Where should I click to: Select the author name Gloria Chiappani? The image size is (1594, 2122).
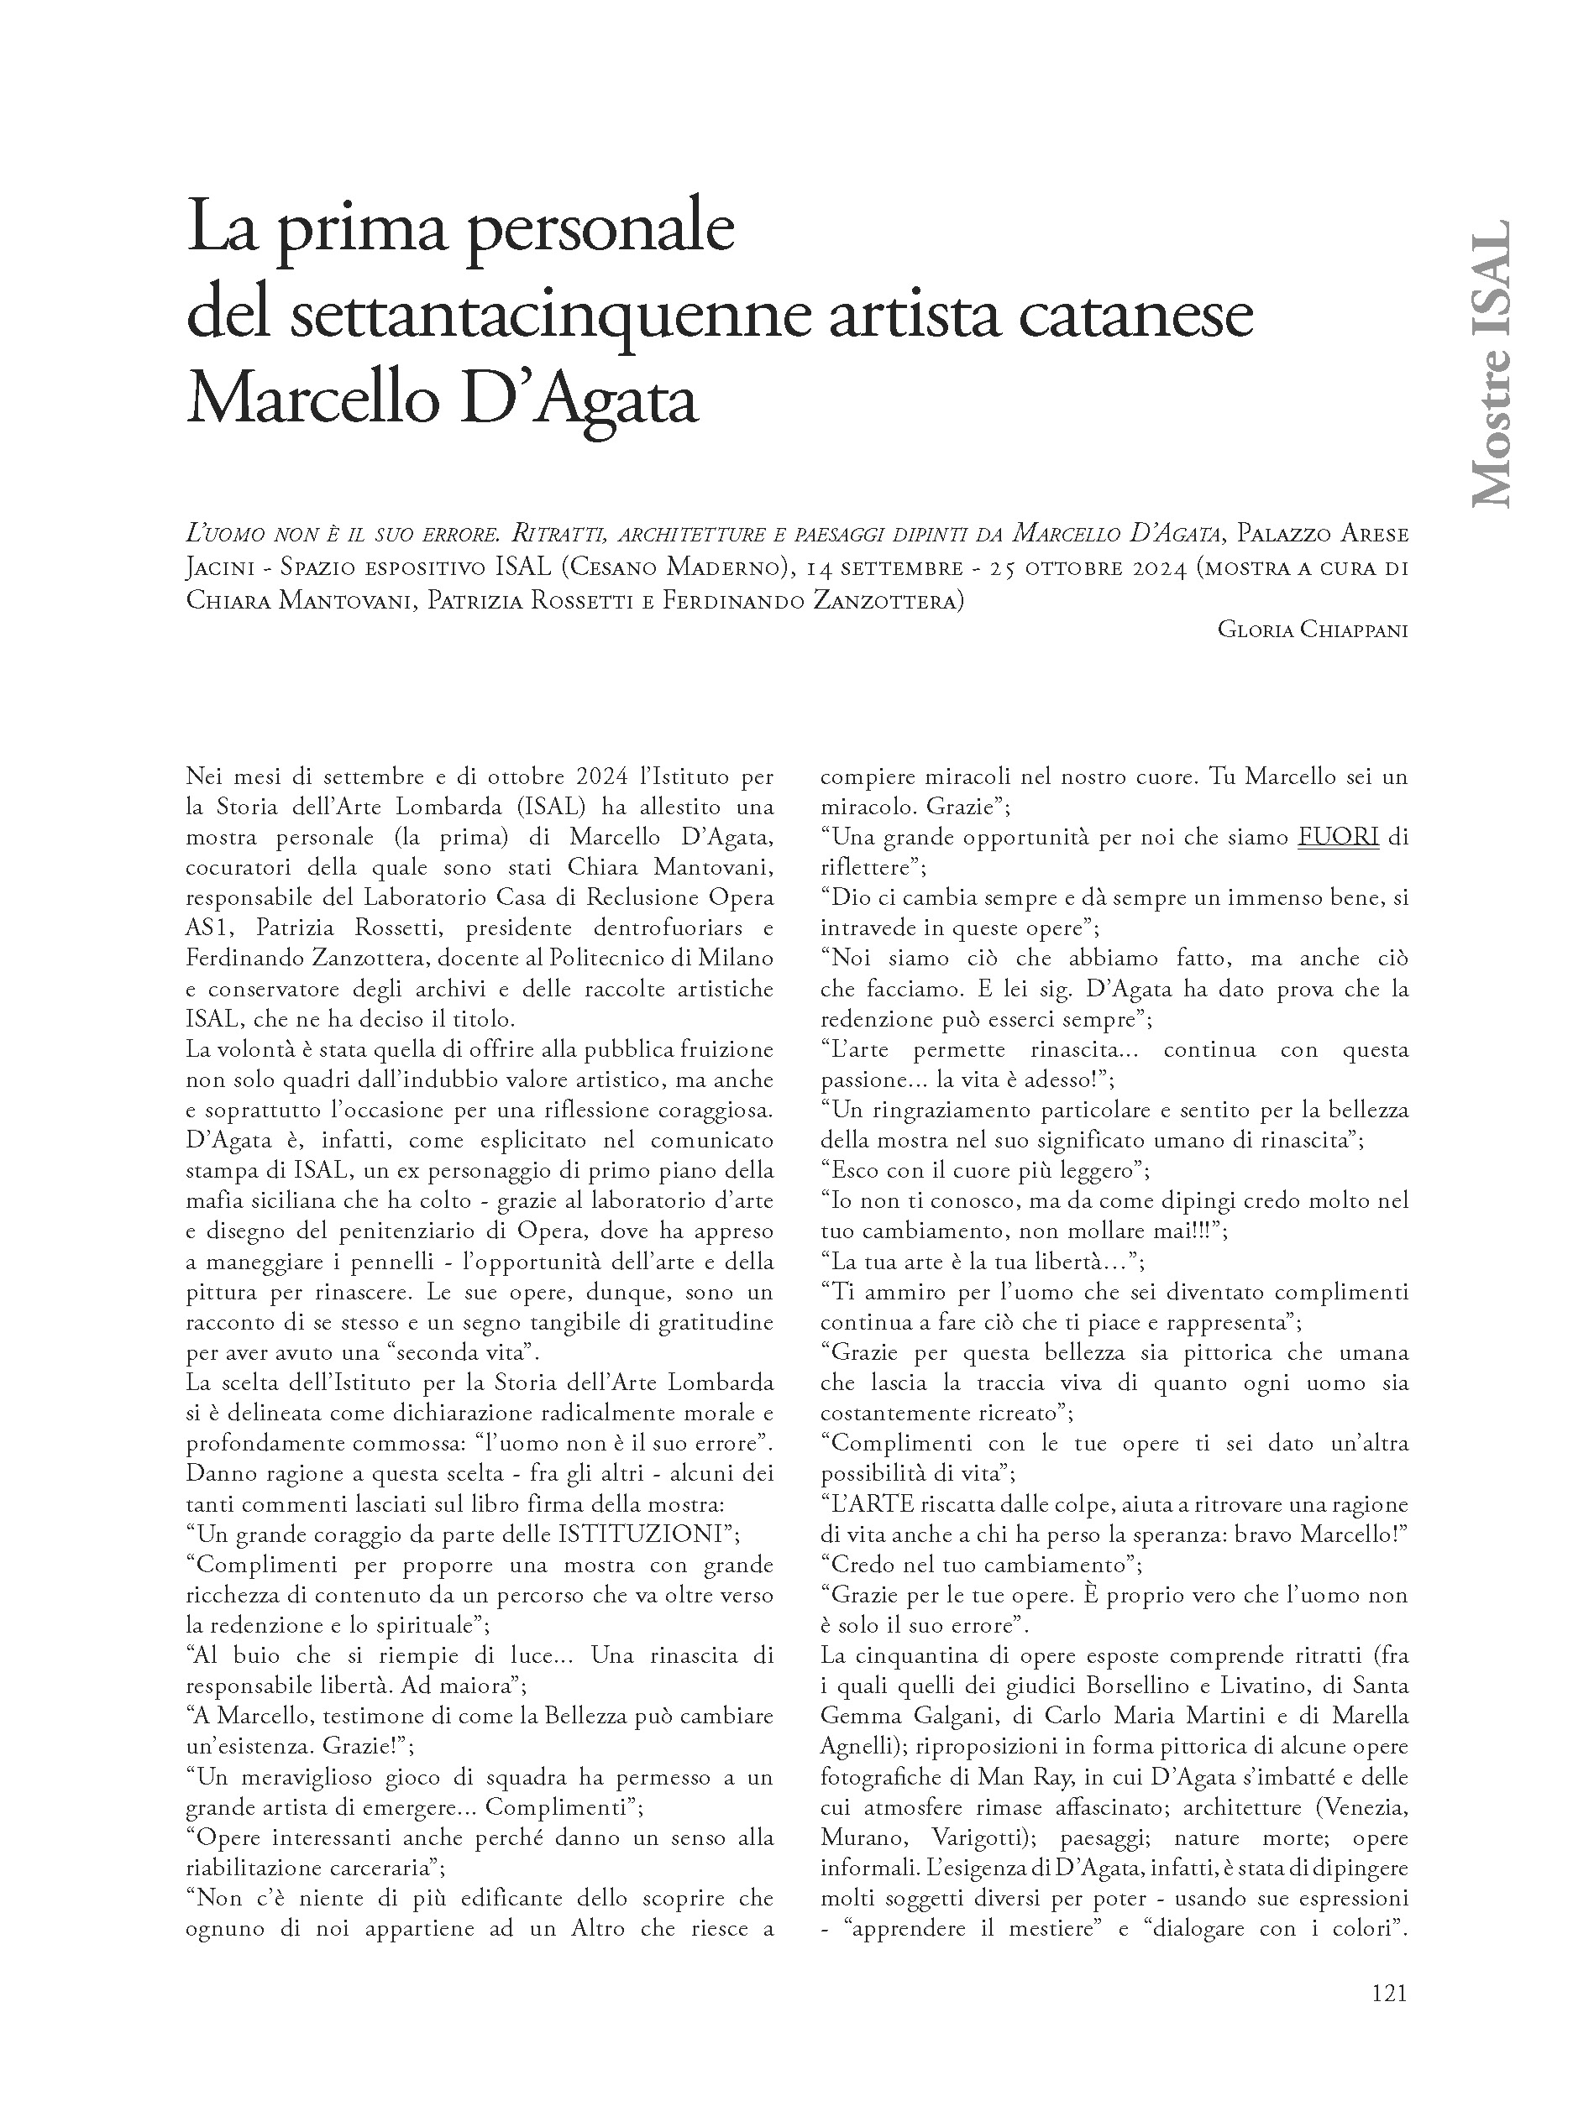1312,630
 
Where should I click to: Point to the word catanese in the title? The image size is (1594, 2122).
1135,316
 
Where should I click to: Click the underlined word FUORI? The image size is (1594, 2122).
1338,838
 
